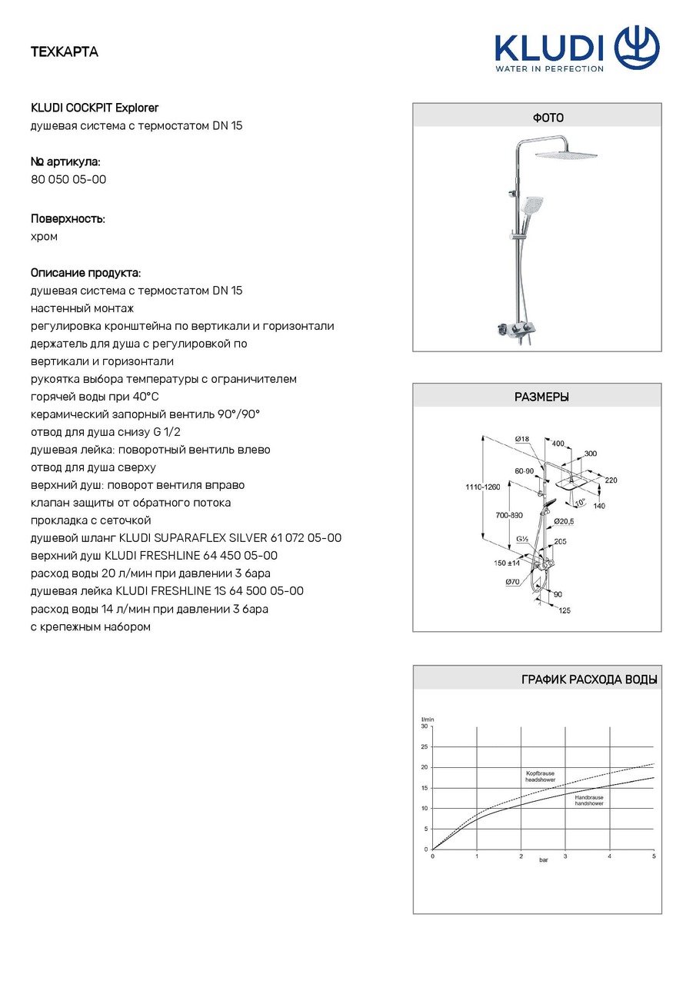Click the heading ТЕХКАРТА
tap(65, 52)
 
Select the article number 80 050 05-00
tap(68, 179)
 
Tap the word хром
tap(44, 237)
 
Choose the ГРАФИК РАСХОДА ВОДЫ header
tap(589, 680)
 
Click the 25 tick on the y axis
tap(425, 746)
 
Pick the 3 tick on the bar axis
tap(565, 856)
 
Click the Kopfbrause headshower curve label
tap(540, 776)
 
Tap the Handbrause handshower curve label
tap(589, 800)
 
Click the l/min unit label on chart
tap(428, 719)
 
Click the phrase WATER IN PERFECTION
tap(549, 68)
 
